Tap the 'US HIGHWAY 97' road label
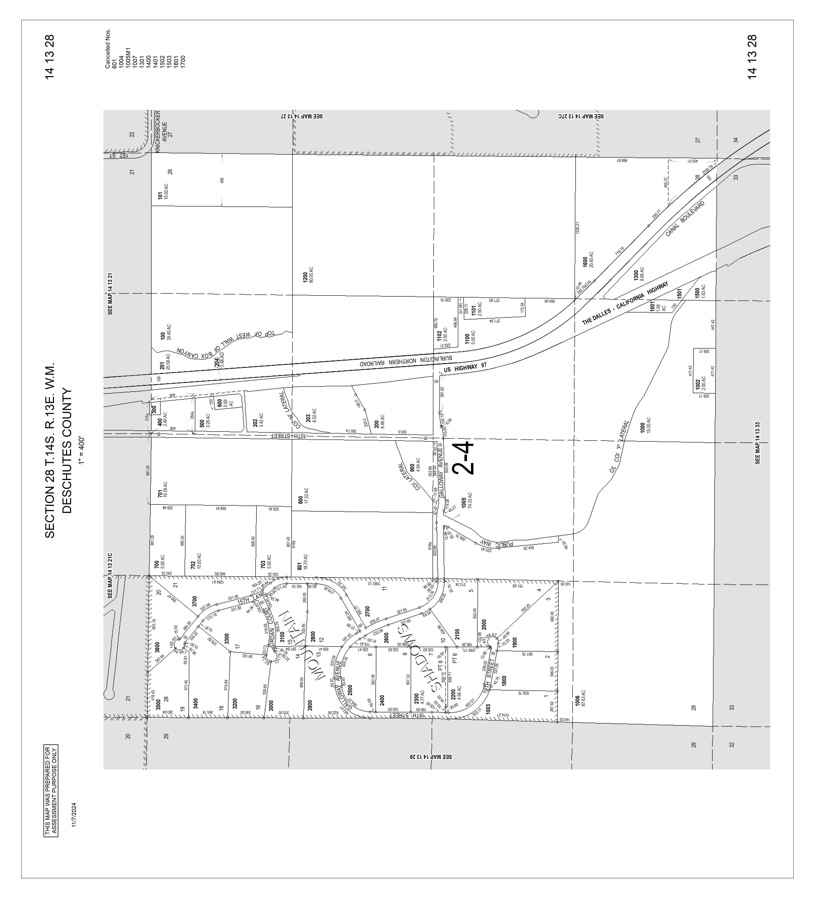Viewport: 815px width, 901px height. point(465,368)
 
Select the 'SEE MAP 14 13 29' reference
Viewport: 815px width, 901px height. point(431,757)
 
